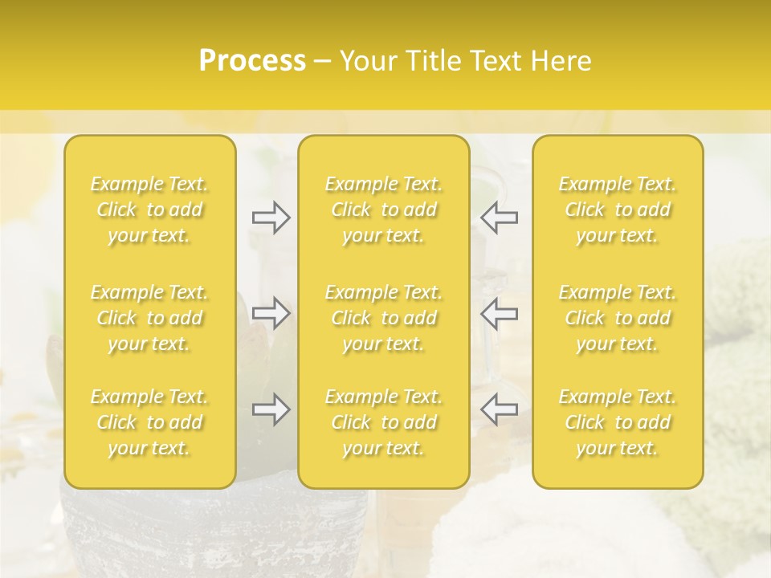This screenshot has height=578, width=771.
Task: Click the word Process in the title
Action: [x=252, y=61]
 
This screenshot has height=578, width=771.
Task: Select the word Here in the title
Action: [x=562, y=61]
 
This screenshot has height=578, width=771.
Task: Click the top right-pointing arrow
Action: [x=271, y=218]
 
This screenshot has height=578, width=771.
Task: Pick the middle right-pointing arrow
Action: [x=271, y=314]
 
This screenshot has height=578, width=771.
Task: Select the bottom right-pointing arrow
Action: [x=271, y=409]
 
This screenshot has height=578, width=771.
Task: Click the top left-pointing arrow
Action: [x=499, y=218]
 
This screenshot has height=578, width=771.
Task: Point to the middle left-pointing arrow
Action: [x=499, y=314]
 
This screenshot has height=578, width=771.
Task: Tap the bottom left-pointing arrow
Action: [x=499, y=409]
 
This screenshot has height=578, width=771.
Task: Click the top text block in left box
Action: [x=149, y=210]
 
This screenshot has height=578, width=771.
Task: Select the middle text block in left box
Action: [x=149, y=318]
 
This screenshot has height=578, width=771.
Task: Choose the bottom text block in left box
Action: [x=149, y=422]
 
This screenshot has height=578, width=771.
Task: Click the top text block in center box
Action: [x=384, y=210]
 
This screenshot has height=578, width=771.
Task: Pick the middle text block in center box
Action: [x=384, y=318]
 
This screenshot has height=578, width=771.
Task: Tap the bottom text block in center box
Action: [x=384, y=422]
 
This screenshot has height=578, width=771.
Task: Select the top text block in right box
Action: [x=618, y=210]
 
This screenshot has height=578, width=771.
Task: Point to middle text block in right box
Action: [x=618, y=318]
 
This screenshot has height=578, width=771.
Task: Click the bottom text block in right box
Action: [x=618, y=422]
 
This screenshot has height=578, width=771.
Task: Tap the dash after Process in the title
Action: [x=323, y=62]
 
